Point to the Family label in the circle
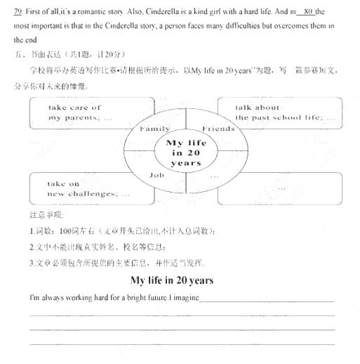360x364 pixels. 155,129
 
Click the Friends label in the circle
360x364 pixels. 218,129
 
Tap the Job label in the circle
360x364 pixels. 157,174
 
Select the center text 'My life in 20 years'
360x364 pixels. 186,152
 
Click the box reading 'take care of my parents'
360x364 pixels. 77,113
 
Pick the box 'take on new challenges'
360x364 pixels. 77,188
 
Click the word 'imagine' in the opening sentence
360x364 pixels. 185,298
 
